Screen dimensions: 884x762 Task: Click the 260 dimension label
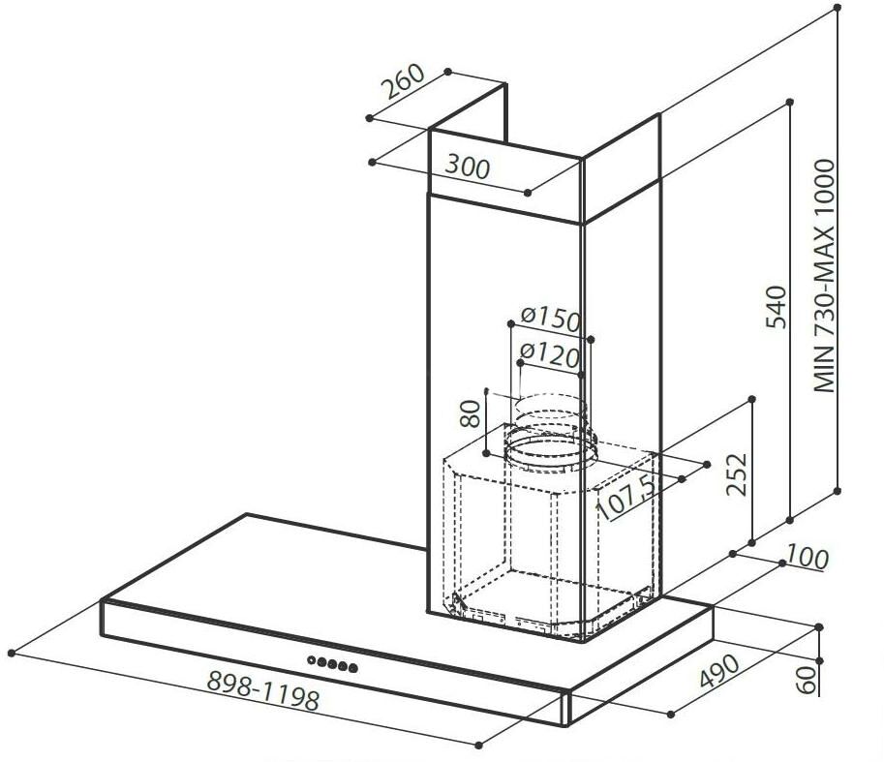tap(403, 81)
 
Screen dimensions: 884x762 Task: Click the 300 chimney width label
tap(468, 167)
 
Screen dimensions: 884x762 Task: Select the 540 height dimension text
tap(777, 307)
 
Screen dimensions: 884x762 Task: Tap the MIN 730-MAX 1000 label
tap(824, 276)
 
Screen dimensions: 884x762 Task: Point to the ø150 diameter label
tap(550, 319)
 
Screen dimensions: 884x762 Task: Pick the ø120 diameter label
tap(549, 354)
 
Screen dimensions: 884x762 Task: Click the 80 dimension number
tap(470, 413)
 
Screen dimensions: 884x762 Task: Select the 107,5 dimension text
tap(627, 496)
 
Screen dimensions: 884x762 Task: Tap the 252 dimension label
tap(736, 474)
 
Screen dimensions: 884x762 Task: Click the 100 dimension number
tap(808, 557)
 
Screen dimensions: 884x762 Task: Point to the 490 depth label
tap(718, 671)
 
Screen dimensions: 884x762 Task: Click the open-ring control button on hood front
tap(312, 660)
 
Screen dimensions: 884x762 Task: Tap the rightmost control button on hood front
tap(353, 668)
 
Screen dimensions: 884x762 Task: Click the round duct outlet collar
tap(550, 449)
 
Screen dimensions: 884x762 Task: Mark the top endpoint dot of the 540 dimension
tap(790, 102)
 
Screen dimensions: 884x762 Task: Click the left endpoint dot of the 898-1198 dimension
tap(12, 654)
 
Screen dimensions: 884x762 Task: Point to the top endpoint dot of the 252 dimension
tap(751, 399)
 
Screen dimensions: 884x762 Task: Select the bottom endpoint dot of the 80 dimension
tap(486, 452)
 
